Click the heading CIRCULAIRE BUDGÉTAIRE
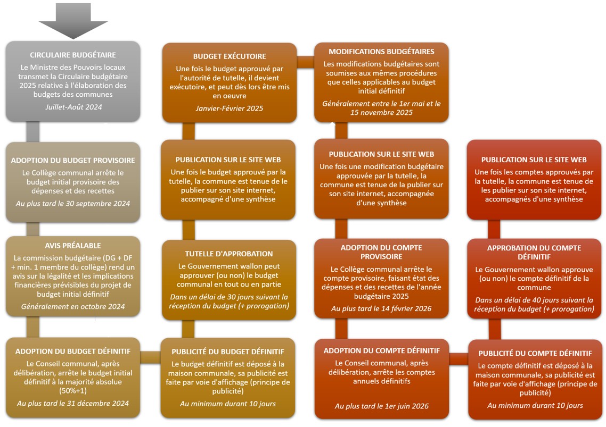(x=73, y=55)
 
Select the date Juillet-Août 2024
(x=73, y=107)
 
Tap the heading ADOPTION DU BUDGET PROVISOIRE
(x=73, y=160)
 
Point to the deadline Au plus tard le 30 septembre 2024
(x=73, y=204)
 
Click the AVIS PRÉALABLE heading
(x=73, y=246)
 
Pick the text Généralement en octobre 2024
(x=73, y=306)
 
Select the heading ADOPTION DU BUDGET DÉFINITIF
(x=73, y=351)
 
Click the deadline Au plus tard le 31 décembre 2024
(x=73, y=404)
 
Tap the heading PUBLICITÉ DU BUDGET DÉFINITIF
(x=228, y=351)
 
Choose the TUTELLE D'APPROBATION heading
(x=229, y=254)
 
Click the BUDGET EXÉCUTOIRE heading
(x=230, y=56)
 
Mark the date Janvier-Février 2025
(x=229, y=108)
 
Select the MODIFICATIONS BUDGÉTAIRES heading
(x=381, y=52)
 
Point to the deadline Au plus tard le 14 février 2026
(x=381, y=309)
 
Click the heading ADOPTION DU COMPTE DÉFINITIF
(x=382, y=350)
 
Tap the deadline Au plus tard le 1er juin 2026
(x=382, y=406)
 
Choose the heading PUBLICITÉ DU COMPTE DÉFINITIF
(x=535, y=353)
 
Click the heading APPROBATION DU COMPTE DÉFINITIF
(x=534, y=253)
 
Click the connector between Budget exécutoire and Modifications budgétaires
(x=305, y=62)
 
